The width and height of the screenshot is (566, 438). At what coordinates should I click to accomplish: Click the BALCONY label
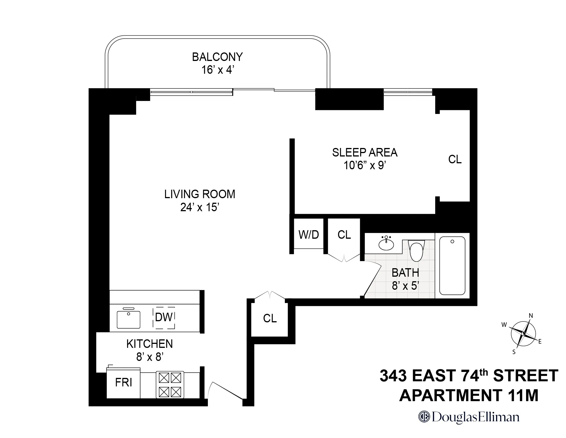click(217, 57)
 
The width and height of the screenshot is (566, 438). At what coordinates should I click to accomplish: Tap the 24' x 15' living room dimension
click(200, 207)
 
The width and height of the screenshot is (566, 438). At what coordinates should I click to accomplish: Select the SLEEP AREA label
click(365, 153)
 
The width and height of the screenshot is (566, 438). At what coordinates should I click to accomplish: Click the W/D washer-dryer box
click(309, 234)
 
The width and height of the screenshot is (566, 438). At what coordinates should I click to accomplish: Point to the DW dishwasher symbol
click(164, 318)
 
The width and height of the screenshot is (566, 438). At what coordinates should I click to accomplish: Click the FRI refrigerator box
click(123, 383)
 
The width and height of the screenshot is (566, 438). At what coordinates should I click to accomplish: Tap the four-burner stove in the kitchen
click(170, 385)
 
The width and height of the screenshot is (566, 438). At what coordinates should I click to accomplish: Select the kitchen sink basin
click(129, 319)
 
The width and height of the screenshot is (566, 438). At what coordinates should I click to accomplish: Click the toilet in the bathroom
click(416, 251)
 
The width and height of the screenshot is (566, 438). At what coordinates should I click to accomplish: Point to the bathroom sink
click(386, 244)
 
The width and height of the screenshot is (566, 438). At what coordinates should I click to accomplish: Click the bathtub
click(452, 266)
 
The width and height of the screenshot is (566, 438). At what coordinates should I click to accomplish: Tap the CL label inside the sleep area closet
click(455, 159)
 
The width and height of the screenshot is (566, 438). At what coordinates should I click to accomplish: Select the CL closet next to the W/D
click(344, 235)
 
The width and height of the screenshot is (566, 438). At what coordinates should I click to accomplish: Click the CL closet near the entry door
click(270, 318)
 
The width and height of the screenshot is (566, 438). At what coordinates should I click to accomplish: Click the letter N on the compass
click(531, 316)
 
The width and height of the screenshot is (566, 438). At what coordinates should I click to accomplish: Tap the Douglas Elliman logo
click(469, 417)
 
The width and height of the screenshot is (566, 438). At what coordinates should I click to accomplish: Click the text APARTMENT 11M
click(469, 395)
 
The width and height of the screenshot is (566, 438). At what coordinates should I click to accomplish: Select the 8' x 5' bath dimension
click(405, 286)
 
